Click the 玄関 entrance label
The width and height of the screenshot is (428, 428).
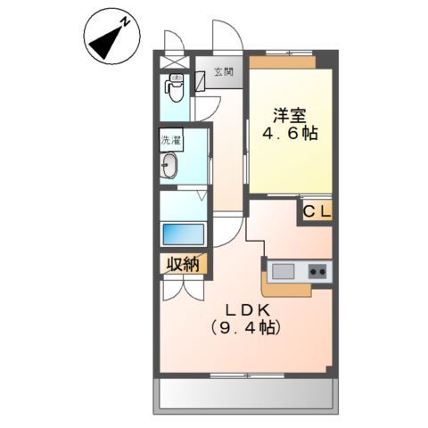(x=224, y=73)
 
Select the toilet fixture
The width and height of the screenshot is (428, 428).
(x=175, y=89)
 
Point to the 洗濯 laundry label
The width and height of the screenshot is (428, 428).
(x=169, y=140)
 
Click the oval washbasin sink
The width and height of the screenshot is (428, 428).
(x=170, y=165)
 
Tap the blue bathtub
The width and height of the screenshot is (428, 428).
(x=183, y=234)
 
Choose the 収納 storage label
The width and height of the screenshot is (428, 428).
(x=183, y=264)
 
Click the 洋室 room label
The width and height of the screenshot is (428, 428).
(x=291, y=115)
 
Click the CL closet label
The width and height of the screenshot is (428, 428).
(x=316, y=211)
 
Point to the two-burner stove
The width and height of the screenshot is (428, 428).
(x=317, y=270)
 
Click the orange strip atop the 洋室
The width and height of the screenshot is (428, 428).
(x=283, y=62)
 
